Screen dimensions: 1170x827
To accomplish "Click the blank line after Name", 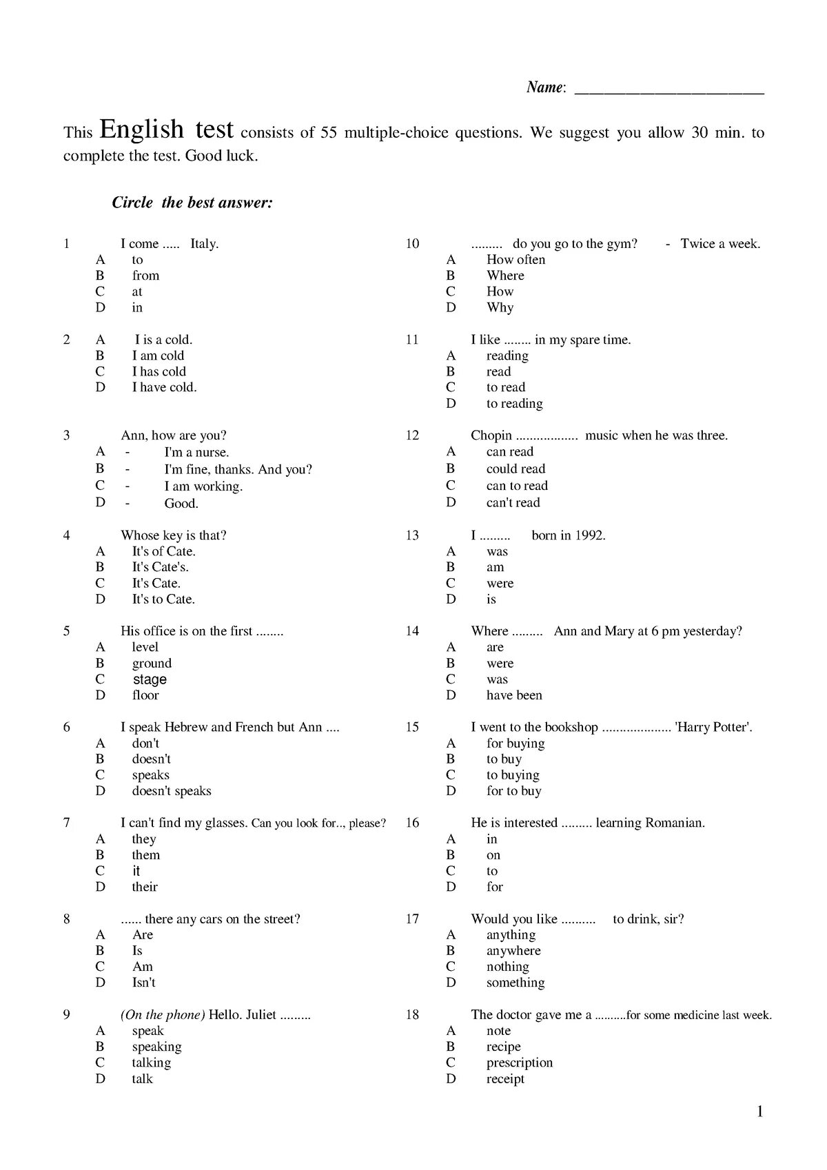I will point(668,90).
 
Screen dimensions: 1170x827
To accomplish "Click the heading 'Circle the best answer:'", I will point(192,203).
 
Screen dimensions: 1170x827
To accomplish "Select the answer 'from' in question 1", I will point(145,276).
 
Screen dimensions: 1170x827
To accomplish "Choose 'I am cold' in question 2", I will point(158,356).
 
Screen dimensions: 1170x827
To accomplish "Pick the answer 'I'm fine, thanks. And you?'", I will point(238,469).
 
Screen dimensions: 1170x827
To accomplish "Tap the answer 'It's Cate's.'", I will point(160,567).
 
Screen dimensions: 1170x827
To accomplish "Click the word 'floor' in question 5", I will point(145,695).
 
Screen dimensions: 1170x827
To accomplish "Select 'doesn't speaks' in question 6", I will point(172,791).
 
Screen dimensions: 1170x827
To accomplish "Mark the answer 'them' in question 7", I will point(146,855).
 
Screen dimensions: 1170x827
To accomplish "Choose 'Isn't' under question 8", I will point(143,983).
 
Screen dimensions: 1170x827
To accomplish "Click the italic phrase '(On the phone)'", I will point(163,1015).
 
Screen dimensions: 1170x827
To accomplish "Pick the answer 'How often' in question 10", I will point(515,260).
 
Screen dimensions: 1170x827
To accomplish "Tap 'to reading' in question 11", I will point(514,404).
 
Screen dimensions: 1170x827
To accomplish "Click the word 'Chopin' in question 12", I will point(491,435).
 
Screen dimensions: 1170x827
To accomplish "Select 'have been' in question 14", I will point(514,695).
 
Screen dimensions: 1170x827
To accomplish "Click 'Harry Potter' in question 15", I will point(713,727).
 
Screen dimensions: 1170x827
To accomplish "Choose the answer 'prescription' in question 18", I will point(520,1063).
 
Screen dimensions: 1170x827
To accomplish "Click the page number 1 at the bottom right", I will point(760,1111).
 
